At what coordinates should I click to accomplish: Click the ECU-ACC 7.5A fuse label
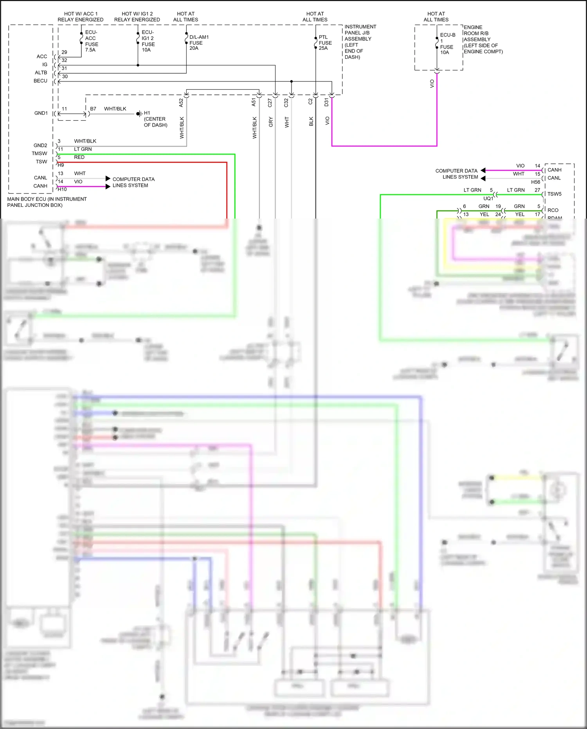coord(91,41)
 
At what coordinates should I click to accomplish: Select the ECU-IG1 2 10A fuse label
coord(148,41)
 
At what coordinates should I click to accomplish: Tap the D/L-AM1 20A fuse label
coord(199,43)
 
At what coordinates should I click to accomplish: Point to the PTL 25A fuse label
coord(325,43)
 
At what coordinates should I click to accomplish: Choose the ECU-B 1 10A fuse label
coord(447,43)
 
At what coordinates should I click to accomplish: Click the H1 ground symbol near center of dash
coord(139,114)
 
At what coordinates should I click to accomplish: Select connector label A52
coord(181,103)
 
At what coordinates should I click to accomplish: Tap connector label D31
coord(326,103)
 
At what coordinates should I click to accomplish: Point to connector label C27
coord(270,103)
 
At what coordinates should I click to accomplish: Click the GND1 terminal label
coord(41,113)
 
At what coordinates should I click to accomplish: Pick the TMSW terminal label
coord(40,154)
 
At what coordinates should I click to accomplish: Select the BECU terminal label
coord(40,81)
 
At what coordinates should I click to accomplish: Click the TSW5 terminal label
coord(554,194)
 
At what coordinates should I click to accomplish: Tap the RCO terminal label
coord(553,210)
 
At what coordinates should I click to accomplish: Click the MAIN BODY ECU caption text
coord(47,202)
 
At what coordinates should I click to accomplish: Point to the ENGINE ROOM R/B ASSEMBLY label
coord(483,39)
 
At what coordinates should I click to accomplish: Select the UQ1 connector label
coord(488,199)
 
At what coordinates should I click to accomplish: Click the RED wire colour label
coord(79,157)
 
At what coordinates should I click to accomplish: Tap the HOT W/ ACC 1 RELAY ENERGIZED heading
coord(81,16)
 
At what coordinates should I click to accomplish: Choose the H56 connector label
coord(535,182)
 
